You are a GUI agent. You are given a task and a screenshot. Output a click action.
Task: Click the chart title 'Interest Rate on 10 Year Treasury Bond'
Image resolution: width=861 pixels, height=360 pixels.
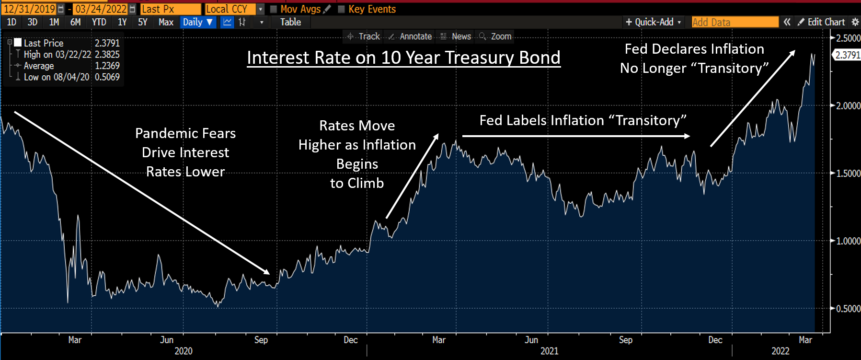(x=403, y=58)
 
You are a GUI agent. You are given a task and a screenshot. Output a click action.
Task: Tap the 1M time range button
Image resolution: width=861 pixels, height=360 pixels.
(x=54, y=22)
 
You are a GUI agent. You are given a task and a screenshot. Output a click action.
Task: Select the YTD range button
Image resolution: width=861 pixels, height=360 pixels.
(x=99, y=22)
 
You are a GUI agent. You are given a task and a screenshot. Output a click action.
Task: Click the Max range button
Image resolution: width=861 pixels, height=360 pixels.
(x=166, y=22)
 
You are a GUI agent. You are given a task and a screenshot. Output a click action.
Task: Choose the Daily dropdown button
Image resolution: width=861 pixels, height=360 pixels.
(x=197, y=22)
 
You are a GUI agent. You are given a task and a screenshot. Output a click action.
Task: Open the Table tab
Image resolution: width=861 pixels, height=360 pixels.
(x=290, y=22)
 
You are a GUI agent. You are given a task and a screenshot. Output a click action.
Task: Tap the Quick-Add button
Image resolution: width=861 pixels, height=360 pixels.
(x=653, y=22)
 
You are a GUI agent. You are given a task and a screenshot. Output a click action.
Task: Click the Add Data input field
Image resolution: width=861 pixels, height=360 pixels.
(x=735, y=22)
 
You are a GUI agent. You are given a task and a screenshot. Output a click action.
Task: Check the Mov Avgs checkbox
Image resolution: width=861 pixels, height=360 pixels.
(x=274, y=9)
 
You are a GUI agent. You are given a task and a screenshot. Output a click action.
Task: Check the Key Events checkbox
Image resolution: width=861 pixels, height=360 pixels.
(x=342, y=9)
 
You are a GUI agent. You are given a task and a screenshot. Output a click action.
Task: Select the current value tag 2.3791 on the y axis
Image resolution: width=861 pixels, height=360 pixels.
(x=847, y=55)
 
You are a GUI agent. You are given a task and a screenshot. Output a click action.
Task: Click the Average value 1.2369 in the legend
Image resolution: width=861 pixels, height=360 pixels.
(x=107, y=66)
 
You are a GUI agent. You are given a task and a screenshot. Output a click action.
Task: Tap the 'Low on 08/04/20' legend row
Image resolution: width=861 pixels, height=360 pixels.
(x=57, y=77)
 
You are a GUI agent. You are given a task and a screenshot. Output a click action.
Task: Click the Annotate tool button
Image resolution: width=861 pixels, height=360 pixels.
(x=411, y=36)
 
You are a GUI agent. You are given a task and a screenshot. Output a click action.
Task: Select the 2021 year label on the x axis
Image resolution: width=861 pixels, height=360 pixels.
(x=549, y=351)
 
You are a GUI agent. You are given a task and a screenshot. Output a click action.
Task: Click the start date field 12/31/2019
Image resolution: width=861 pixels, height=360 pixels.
(x=29, y=9)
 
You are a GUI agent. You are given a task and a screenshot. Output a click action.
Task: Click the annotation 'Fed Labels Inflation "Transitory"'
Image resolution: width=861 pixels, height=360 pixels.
(x=583, y=120)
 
